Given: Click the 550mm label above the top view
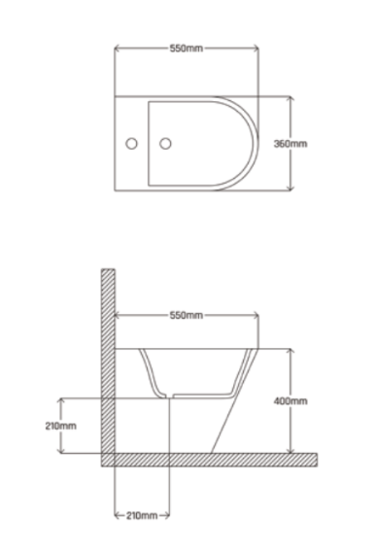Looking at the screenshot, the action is click(187, 49).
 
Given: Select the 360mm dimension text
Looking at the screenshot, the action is click(291, 144).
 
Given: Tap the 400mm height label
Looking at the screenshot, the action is click(291, 401).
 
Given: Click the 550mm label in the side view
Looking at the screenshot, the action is click(187, 315).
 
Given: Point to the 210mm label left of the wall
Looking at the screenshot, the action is click(61, 426).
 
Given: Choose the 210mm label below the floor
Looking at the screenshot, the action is click(142, 515).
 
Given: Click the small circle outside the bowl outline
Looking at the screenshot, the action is click(131, 144).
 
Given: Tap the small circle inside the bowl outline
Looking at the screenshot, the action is click(165, 144).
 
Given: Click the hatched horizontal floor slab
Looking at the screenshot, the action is click(210, 460).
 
